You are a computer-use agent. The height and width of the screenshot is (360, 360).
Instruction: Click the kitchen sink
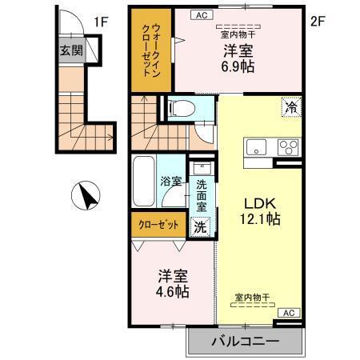coord(258,148)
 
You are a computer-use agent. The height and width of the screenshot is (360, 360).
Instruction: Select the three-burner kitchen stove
coord(286,148)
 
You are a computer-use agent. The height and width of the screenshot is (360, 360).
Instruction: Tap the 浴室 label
coord(170,182)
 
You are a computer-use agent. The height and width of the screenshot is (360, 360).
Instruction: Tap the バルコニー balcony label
coord(245,342)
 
